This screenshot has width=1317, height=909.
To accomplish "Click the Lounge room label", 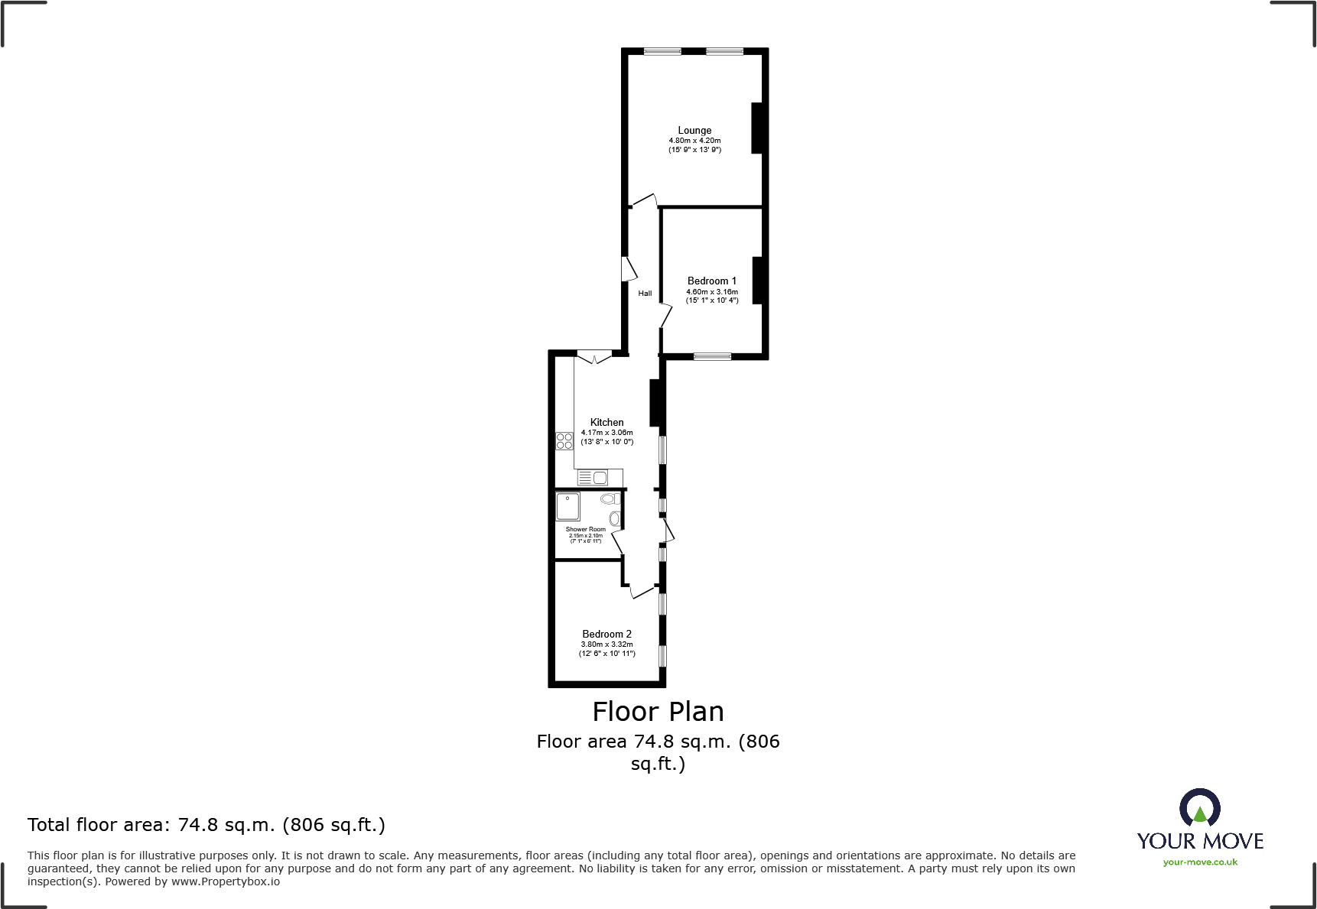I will [x=694, y=131].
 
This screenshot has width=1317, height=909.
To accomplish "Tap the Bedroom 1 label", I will [x=711, y=281].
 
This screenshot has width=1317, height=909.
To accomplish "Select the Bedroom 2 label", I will [x=606, y=635].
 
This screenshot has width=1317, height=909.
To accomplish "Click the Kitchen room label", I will [x=606, y=423].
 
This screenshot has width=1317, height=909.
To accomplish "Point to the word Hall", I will [x=645, y=294].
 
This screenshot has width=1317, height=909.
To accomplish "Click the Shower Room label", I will [x=585, y=529].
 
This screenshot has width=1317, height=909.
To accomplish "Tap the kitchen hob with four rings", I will [x=564, y=441].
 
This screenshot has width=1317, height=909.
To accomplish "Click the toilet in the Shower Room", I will [x=609, y=499].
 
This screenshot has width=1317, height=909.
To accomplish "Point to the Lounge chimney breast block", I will [x=757, y=128].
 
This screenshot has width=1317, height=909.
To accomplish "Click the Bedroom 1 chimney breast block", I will [x=758, y=281].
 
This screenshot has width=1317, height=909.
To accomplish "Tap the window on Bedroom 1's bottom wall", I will [x=712, y=356].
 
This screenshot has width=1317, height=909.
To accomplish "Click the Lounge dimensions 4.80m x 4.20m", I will [x=694, y=141].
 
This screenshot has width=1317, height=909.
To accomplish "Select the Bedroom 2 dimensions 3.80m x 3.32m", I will [x=606, y=644].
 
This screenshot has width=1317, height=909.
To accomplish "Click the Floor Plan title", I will [x=658, y=712].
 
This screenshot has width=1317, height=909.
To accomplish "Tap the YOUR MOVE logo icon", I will [x=1199, y=807].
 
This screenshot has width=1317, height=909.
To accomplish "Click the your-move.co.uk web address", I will [x=1200, y=862].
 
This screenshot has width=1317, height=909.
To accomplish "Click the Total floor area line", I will [x=206, y=825].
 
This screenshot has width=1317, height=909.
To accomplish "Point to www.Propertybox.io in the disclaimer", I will [x=226, y=881].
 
